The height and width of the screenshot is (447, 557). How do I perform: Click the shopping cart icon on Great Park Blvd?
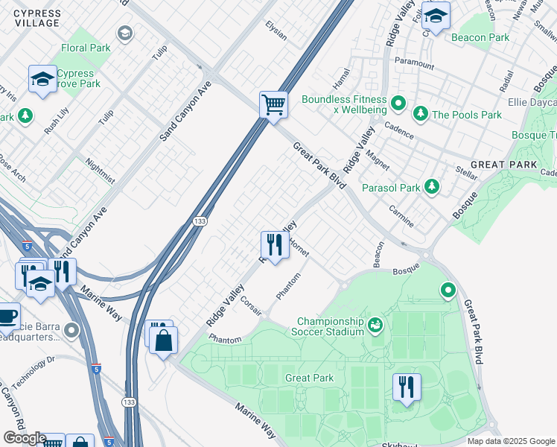pos(274,105)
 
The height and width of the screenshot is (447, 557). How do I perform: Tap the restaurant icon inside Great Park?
pos(407,387)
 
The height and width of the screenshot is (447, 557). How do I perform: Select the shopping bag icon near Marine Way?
pos(163,341)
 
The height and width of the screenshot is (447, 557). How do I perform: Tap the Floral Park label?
pos(86,48)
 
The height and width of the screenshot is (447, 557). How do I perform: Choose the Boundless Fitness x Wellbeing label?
pos(344,104)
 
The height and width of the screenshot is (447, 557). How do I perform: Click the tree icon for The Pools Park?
pos(421,114)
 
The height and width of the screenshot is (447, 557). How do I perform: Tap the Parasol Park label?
pos(391,188)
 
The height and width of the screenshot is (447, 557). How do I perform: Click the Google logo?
pos(24,438)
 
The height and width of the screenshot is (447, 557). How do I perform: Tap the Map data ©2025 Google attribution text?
pos(511,441)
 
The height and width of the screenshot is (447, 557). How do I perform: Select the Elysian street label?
pos(276,30)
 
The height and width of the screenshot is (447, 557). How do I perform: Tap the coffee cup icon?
pos(7,316)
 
